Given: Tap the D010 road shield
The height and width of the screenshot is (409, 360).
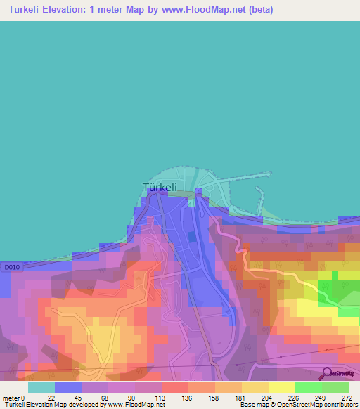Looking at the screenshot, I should tap(9, 267).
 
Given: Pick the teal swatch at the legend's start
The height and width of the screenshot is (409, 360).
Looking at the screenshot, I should tap(41, 387).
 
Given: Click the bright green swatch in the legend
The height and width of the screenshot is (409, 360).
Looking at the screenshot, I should tap(308, 387).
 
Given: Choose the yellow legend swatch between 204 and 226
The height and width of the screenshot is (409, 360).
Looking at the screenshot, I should tap(281, 387).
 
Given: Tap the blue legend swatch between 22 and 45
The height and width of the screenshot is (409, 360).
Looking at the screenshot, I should tap(68, 387).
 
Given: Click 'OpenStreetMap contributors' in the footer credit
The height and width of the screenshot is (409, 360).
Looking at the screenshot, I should tap(316, 405).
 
